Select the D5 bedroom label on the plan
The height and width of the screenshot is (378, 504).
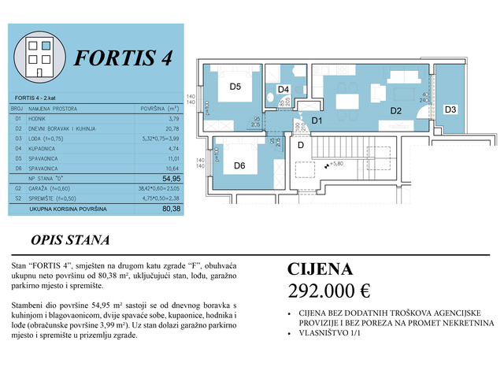coord(235,87)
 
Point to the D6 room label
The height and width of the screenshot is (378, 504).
coord(240,165)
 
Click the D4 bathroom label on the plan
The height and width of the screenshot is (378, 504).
coord(284,90)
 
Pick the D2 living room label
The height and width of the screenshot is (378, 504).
coord(396,111)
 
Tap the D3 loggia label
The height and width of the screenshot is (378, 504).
coord(450,109)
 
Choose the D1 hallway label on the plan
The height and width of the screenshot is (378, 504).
coord(317,120)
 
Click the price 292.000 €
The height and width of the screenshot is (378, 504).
coord(329,290)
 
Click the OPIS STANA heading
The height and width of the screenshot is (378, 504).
coord(70,240)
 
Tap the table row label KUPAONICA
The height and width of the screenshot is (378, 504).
coord(46,147)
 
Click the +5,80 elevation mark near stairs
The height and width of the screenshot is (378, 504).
coord(338,165)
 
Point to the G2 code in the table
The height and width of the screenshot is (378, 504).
coord(17,189)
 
